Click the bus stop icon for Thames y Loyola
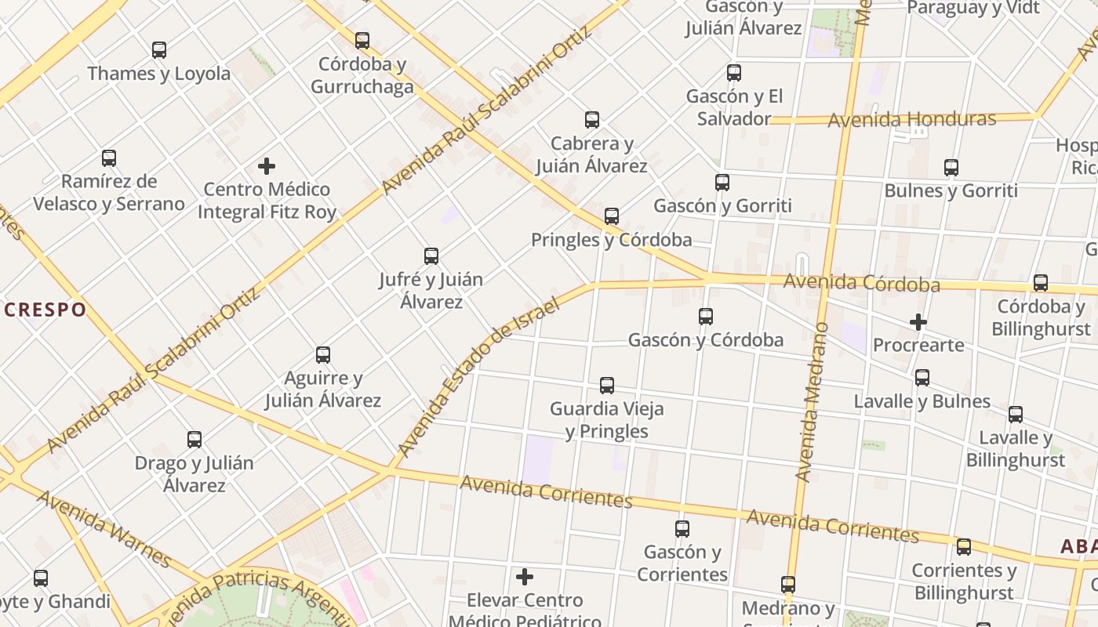[159, 50]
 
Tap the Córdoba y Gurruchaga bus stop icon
[362, 40]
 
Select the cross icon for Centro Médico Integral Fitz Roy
[267, 166]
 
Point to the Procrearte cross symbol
[918, 321]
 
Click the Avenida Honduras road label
[911, 120]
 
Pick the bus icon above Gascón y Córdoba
[706, 317]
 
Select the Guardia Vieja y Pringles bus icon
[607, 386]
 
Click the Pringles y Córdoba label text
[612, 240]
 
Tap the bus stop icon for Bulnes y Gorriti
[951, 168]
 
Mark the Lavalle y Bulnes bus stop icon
[922, 378]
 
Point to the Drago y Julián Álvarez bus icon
[195, 440]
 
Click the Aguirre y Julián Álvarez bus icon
[323, 355]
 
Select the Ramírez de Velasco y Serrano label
[109, 193]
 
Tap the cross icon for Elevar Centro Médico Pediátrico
[525, 578]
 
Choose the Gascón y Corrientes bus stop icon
[682, 529]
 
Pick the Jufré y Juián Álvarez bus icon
[431, 256]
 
